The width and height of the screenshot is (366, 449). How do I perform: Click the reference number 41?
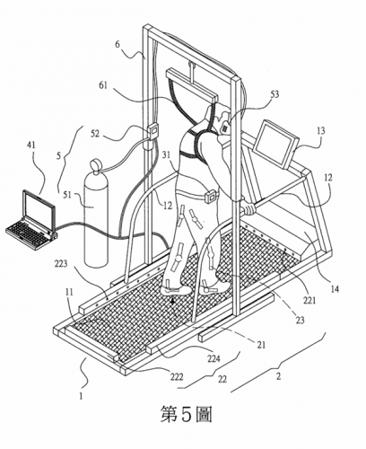pos(31,145)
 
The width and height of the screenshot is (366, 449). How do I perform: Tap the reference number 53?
pos(274,94)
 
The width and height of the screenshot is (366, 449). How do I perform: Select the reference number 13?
pos(320,130)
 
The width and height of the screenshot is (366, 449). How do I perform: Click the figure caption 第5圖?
pos(187,415)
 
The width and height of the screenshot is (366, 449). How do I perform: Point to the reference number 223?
pos(61,264)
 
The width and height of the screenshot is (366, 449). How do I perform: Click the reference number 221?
pos(309,300)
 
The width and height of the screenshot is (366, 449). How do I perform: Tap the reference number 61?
pos(103,86)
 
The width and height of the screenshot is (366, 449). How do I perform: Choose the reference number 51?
pos(67,195)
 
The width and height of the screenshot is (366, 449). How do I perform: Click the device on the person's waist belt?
pos(211,198)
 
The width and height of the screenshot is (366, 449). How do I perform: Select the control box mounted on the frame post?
pos(152,132)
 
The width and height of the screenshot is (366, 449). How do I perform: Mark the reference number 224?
pos(213,358)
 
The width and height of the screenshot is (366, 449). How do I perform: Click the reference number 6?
pos(118,44)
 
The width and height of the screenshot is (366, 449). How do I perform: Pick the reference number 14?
pos(335,289)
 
